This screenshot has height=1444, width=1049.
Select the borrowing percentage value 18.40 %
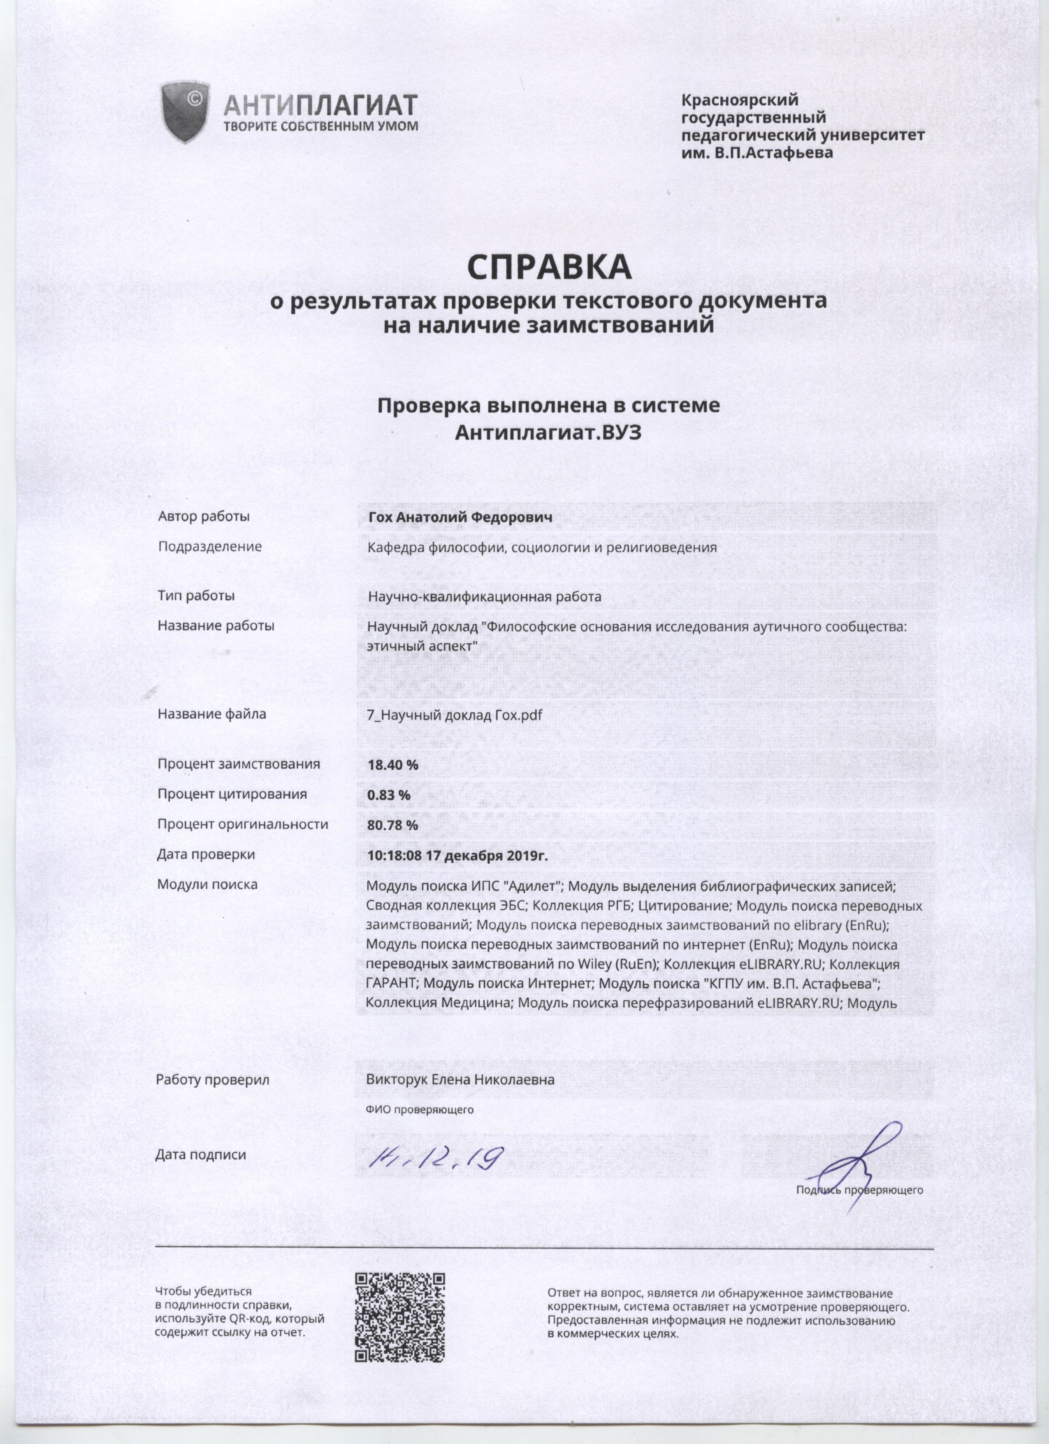(393, 765)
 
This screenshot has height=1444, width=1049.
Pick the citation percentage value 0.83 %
(388, 794)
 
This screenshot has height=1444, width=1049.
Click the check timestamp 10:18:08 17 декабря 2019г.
(457, 855)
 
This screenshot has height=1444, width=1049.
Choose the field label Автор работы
(204, 516)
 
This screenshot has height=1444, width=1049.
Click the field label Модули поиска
(207, 885)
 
